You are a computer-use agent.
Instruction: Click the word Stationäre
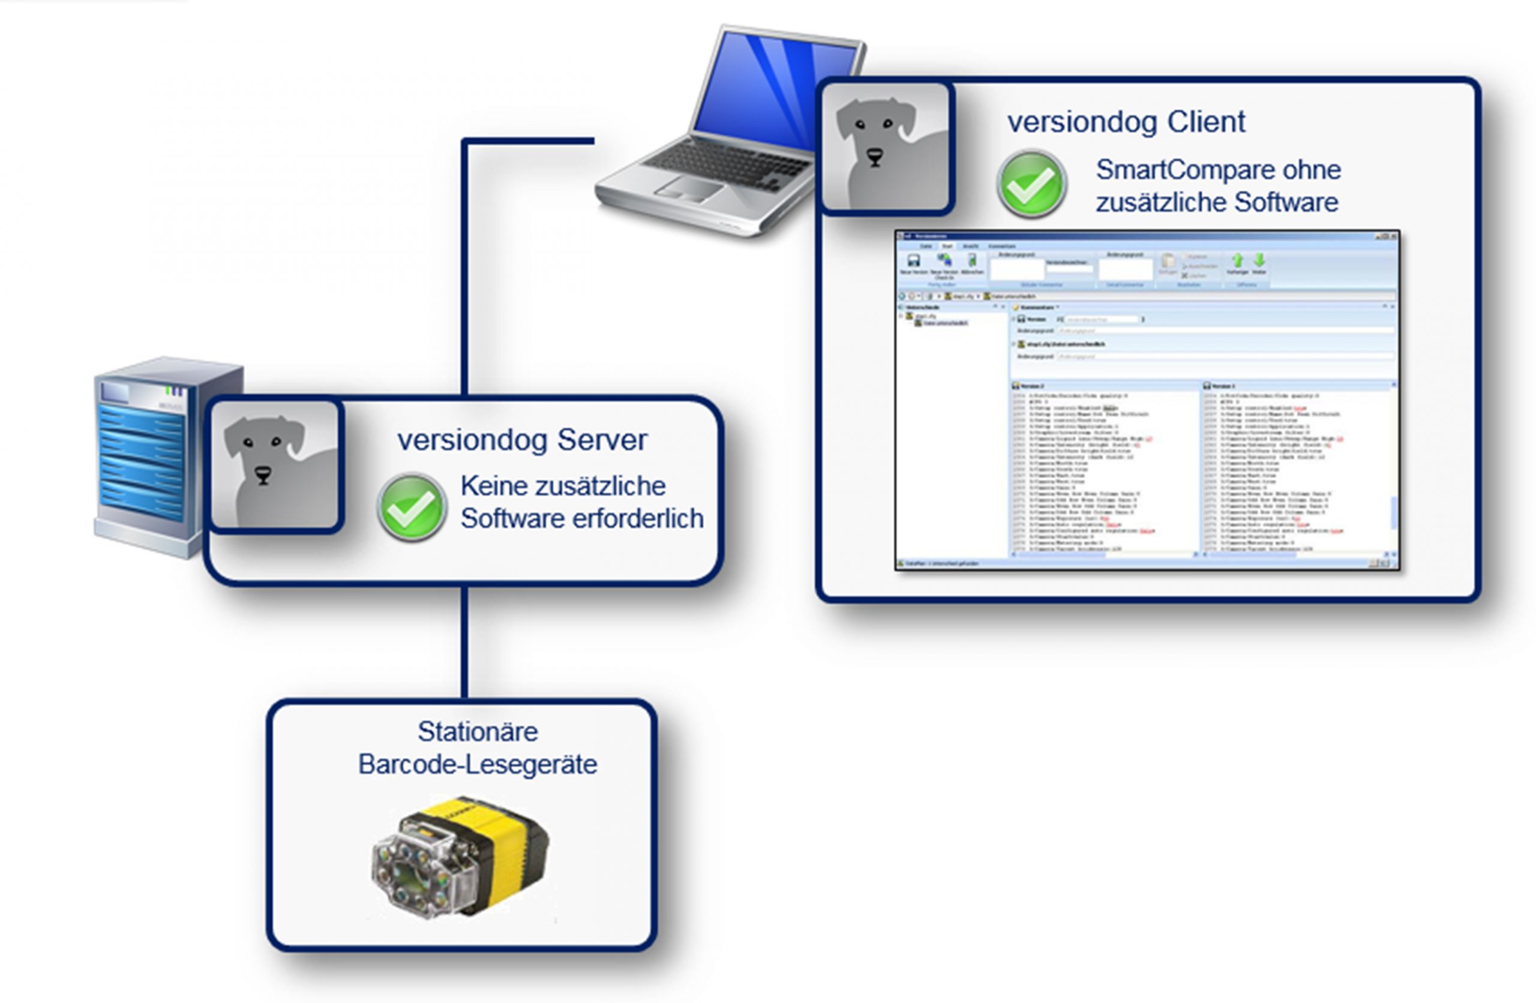[478, 732]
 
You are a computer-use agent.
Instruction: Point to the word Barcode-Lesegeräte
[478, 765]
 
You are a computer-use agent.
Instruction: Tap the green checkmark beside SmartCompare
[1031, 185]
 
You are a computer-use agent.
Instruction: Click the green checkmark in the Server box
[412, 508]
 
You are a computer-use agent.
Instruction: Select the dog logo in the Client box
[886, 148]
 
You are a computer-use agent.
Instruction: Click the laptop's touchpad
[689, 188]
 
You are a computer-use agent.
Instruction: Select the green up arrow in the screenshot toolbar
[1237, 260]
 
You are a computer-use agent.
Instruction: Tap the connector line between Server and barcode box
[464, 642]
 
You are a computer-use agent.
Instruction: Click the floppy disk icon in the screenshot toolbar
[913, 261]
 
